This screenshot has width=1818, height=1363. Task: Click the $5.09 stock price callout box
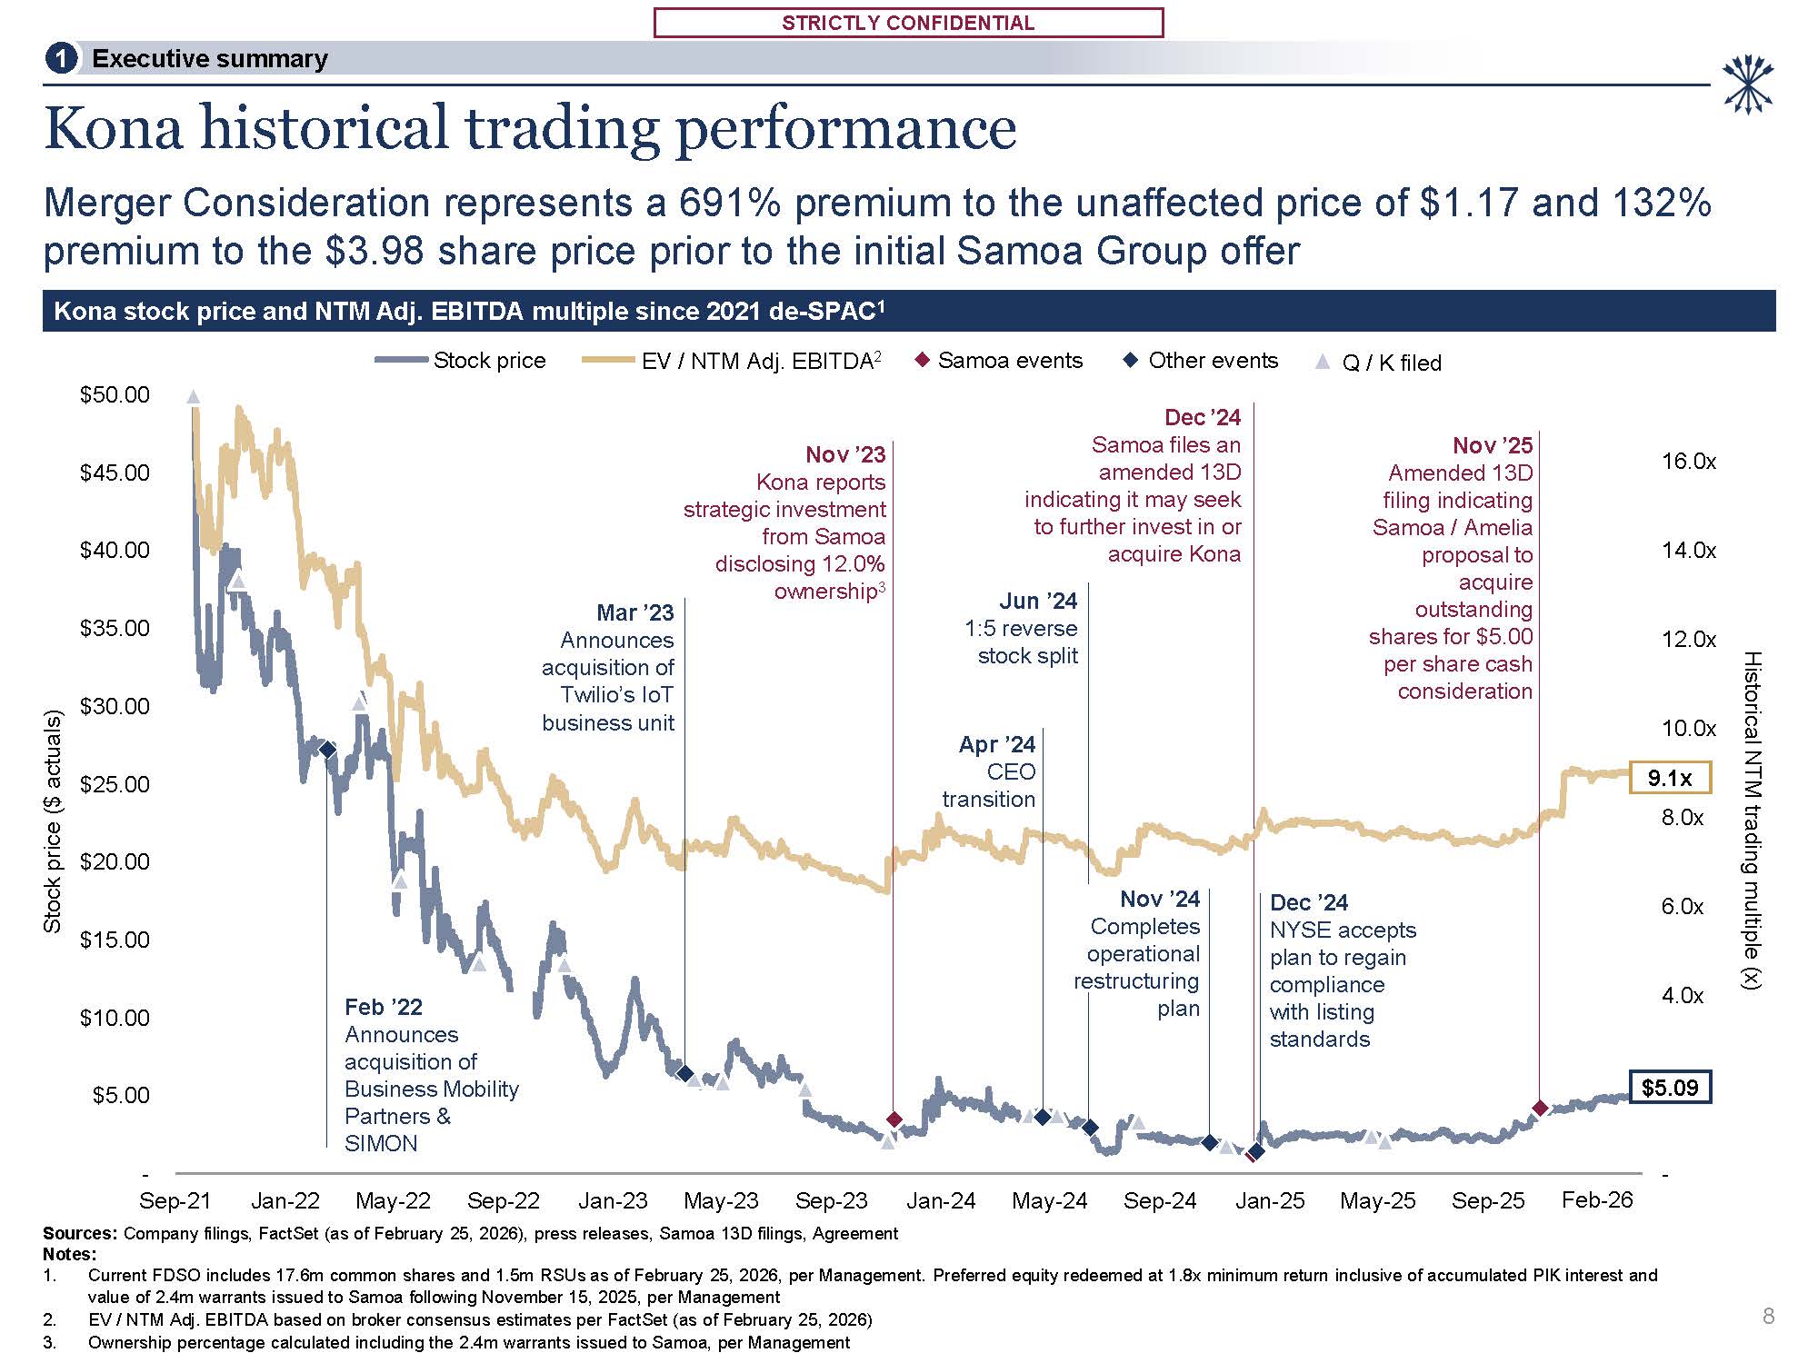(1670, 1087)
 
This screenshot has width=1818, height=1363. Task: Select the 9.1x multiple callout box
(1670, 778)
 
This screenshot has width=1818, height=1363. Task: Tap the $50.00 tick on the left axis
(115, 394)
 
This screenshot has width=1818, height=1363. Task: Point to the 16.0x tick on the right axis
(1688, 462)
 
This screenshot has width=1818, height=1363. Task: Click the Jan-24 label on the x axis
(941, 1200)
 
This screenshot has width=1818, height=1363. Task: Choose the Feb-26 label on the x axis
(1597, 1199)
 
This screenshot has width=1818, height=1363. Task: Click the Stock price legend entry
(489, 361)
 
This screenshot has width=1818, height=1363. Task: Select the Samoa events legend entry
(1010, 361)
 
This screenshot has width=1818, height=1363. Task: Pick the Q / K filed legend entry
(1391, 363)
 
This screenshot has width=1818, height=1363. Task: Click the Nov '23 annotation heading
(845, 454)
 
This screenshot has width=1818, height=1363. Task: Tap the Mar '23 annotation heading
(635, 612)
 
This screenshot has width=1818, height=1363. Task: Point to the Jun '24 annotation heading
(1038, 601)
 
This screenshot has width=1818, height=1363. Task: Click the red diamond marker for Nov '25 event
(1540, 1108)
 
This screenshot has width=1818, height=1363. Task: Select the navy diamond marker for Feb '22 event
(327, 749)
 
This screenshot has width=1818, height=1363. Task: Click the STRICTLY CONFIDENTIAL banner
(908, 23)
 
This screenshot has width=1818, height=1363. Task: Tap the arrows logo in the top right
(1748, 85)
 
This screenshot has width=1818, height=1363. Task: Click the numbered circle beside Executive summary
(61, 59)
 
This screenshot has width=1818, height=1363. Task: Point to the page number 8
(1767, 1316)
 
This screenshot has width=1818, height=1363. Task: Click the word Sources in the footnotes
(79, 1233)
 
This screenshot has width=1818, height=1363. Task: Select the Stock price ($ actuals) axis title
(53, 821)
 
